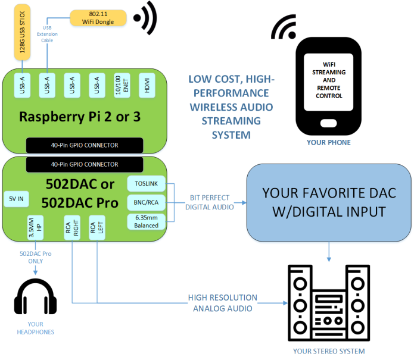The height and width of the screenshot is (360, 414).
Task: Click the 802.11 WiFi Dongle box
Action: pyautogui.click(x=98, y=18)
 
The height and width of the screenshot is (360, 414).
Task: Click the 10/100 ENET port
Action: pyautogui.click(x=121, y=86)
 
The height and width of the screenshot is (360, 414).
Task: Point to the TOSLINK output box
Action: pyautogui.click(x=147, y=184)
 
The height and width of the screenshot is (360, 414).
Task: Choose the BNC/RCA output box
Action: pyautogui.click(x=147, y=203)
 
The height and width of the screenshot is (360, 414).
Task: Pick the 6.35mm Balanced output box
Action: pyautogui.click(x=147, y=222)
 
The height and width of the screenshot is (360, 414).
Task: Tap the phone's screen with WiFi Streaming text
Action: pyautogui.click(x=329, y=80)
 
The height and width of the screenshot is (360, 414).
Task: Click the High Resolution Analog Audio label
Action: pyautogui.click(x=222, y=302)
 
